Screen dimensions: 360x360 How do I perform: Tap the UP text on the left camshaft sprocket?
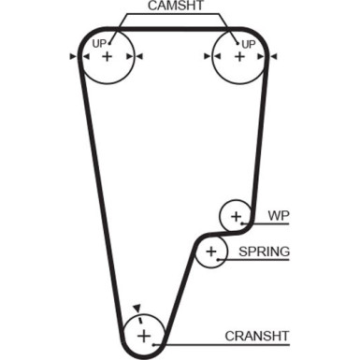pos(98,43)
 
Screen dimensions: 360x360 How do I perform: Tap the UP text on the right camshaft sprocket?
pos(248,43)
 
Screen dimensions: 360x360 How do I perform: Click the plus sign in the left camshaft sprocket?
pos(107,57)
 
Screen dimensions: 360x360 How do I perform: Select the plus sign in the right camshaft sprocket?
pos(238,57)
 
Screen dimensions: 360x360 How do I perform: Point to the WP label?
pos(279,216)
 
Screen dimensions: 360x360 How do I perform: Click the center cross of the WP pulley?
pos(236,218)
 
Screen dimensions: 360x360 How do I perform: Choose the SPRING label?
pos(264,252)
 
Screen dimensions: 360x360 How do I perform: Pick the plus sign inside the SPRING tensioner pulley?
pos(212,252)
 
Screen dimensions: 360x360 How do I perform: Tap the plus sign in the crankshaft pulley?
pos(143,335)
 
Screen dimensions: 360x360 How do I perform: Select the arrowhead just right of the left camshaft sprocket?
pos(139,57)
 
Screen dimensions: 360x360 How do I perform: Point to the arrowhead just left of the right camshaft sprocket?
pos(206,57)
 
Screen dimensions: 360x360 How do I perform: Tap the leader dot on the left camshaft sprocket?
pos(110,39)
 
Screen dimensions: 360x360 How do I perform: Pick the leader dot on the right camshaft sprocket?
pos(235,39)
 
